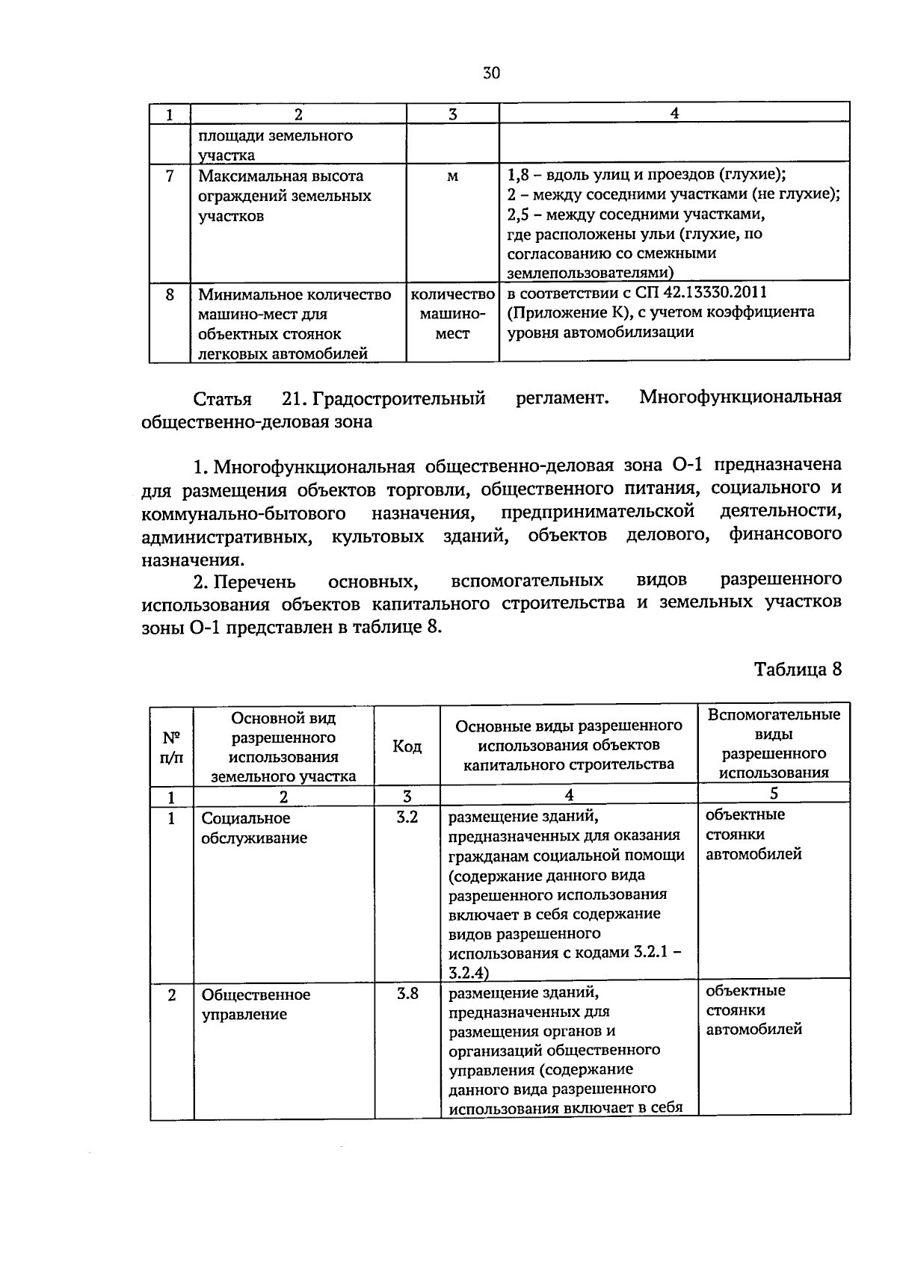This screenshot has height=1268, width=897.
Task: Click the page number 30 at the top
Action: (491, 73)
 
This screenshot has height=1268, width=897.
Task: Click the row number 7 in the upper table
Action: (170, 176)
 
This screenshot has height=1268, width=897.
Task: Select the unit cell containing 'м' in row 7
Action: (452, 176)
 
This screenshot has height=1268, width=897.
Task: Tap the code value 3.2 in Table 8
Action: (407, 817)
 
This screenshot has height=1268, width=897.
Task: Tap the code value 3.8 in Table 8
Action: (407, 994)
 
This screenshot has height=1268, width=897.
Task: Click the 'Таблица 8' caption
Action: (798, 669)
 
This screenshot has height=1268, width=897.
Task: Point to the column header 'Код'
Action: (407, 746)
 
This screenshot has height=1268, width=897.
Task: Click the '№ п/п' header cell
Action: (171, 746)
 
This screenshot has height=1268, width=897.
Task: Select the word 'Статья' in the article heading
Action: (222, 398)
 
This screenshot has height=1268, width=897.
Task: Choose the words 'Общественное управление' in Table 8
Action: (256, 1004)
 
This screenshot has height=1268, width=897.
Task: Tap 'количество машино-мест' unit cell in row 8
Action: (452, 314)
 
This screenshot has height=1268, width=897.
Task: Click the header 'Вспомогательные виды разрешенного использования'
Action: (774, 743)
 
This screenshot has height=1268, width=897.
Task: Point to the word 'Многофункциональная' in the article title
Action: (740, 397)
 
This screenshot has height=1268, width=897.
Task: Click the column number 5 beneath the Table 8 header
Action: (774, 794)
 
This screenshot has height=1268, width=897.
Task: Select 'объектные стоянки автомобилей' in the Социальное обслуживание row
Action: (753, 834)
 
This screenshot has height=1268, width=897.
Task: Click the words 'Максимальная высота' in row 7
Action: (281, 176)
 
